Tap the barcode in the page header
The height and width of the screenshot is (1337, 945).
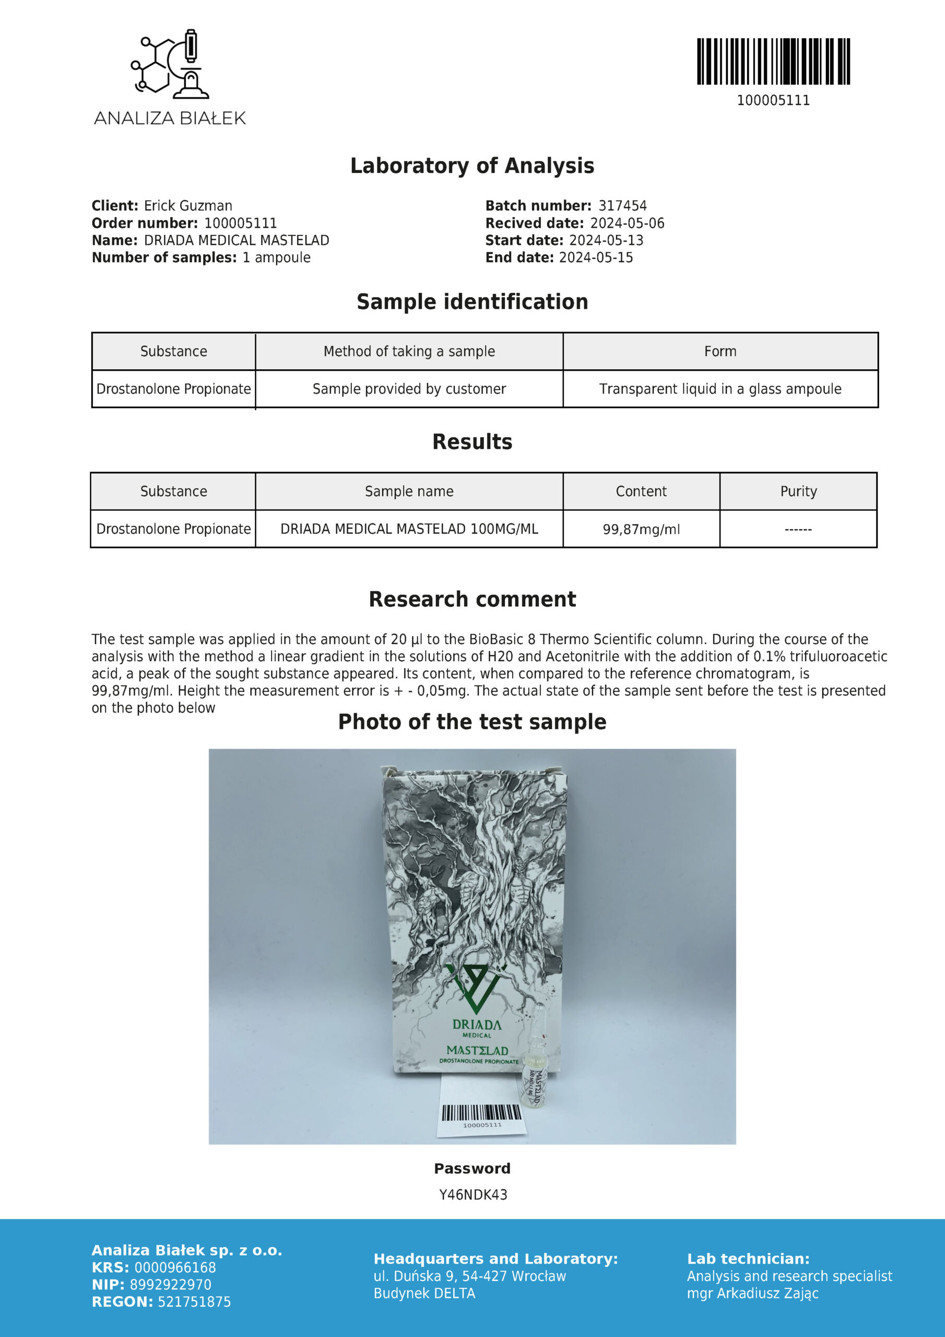[773, 62]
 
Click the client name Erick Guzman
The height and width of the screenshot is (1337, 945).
[188, 206]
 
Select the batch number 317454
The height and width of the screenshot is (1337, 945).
[622, 206]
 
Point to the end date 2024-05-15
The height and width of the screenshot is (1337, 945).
[596, 257]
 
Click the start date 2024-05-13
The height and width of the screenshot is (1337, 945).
[606, 240]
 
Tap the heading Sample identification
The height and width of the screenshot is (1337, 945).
[472, 302]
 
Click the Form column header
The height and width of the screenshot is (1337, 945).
[720, 351]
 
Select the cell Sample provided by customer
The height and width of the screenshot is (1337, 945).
[409, 389]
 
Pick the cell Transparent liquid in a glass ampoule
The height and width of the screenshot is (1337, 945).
[720, 389]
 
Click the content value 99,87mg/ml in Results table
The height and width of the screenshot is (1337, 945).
[641, 530]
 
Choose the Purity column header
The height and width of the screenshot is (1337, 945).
[798, 491]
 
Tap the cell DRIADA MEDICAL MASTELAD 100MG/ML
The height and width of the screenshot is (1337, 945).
[409, 529]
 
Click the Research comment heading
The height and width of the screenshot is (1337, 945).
[472, 599]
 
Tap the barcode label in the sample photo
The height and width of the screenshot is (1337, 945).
[481, 1113]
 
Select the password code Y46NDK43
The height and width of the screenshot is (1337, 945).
[473, 1195]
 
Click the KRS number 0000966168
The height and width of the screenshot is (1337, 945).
[175, 1267]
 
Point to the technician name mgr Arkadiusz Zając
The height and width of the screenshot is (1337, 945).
[752, 1293]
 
